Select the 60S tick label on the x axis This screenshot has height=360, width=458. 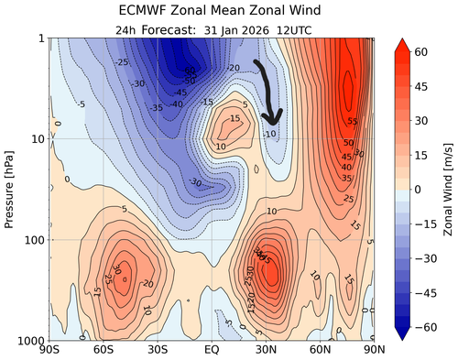(104, 350)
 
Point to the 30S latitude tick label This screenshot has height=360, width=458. (158, 350)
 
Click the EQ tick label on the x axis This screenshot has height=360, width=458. (212, 350)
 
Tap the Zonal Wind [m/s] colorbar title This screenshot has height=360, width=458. (448, 189)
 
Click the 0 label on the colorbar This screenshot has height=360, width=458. (421, 189)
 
